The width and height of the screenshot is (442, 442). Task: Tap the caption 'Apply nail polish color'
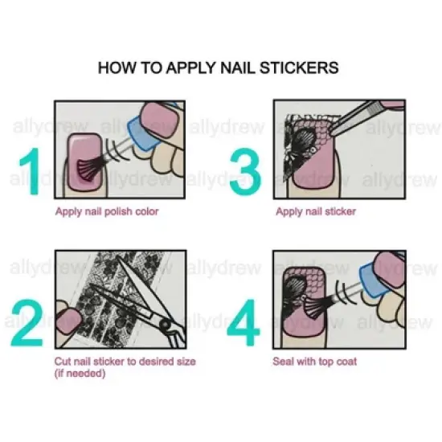(x=106, y=212)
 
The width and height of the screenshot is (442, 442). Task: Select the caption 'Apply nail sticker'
(x=315, y=212)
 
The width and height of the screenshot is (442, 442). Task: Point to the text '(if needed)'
(x=80, y=373)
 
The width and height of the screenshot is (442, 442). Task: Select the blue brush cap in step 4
(x=374, y=277)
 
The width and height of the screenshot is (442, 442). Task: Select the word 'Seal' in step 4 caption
(x=285, y=362)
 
